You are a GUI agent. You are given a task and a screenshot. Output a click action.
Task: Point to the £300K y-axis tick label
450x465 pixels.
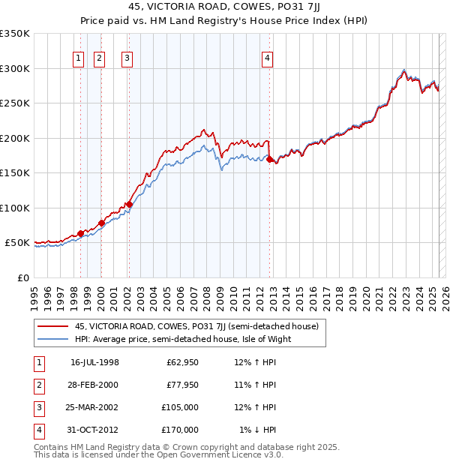click(x=15, y=68)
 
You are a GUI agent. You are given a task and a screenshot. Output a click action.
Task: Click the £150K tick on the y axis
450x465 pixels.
click(x=15, y=173)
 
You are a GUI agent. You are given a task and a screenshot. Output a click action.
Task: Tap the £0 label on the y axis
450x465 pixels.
click(x=23, y=277)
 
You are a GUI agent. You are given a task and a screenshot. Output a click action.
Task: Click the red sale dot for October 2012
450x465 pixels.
click(x=271, y=159)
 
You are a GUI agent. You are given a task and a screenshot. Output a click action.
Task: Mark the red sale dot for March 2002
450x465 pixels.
click(x=129, y=204)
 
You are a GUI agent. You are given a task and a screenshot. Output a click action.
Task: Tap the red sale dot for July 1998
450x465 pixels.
click(x=80, y=233)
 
